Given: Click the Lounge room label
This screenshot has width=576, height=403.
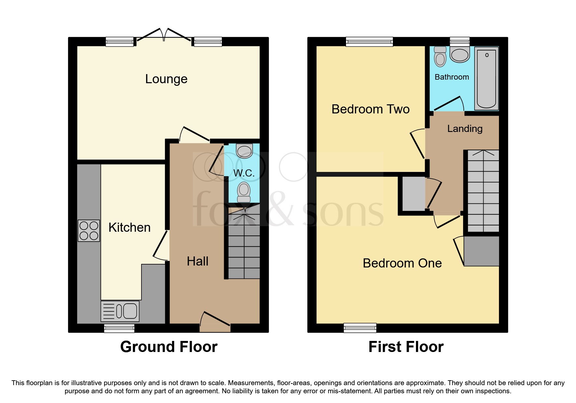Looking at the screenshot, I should pyautogui.click(x=166, y=79).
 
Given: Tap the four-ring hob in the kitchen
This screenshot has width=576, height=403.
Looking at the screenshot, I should pyautogui.click(x=89, y=231).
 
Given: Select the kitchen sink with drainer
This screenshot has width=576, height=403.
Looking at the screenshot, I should pyautogui.click(x=120, y=311).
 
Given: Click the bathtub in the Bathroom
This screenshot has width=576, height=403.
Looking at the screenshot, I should pyautogui.click(x=486, y=78).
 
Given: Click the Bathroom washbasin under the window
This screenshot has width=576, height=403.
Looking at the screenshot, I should pyautogui.click(x=460, y=55).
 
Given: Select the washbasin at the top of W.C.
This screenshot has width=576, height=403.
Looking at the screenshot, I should pyautogui.click(x=244, y=151).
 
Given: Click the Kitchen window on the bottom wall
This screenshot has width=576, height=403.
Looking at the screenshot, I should pyautogui.click(x=119, y=328).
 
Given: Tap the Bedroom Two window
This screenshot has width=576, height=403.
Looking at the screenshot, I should pyautogui.click(x=369, y=42).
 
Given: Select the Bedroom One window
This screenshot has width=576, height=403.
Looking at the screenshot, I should pyautogui.click(x=360, y=328).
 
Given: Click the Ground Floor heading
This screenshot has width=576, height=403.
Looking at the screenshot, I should pyautogui.click(x=168, y=347).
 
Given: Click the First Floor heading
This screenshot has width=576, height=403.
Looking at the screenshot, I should pyautogui.click(x=406, y=347).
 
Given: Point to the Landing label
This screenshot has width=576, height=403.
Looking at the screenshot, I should pyautogui.click(x=464, y=129).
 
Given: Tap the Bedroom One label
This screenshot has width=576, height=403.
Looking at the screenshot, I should pyautogui.click(x=402, y=263).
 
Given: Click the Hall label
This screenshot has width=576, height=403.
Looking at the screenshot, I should pyautogui.click(x=197, y=261).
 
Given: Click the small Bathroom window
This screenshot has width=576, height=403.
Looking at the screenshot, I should pyautogui.click(x=460, y=41).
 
